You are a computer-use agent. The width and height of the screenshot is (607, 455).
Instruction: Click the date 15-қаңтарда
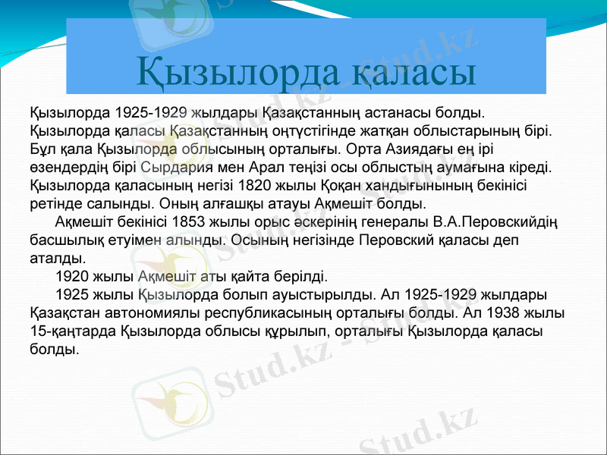tap(73, 331)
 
